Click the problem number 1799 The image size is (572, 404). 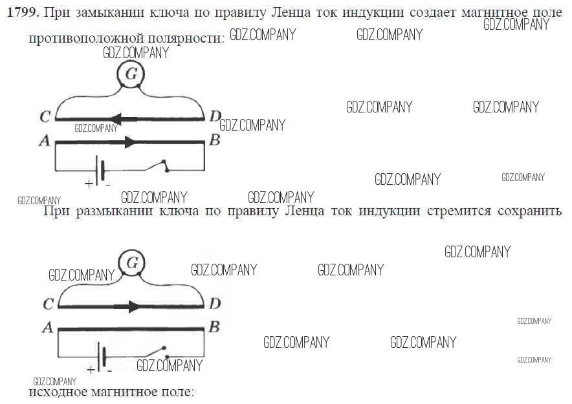click(23, 12)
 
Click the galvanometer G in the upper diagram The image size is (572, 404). click(131, 74)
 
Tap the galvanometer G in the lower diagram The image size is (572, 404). click(132, 262)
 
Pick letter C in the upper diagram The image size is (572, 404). click(45, 116)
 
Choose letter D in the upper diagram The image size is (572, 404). click(215, 116)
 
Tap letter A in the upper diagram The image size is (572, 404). click(45, 140)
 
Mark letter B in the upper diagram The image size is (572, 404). click(215, 140)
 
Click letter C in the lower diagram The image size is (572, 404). click(49, 304)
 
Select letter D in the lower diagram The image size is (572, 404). click(215, 303)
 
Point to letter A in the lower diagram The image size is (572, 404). click(48, 328)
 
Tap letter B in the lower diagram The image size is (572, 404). click(214, 327)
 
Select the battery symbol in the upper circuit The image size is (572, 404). click(99, 170)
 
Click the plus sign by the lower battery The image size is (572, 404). click(91, 370)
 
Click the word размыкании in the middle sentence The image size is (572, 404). click(114, 211)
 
